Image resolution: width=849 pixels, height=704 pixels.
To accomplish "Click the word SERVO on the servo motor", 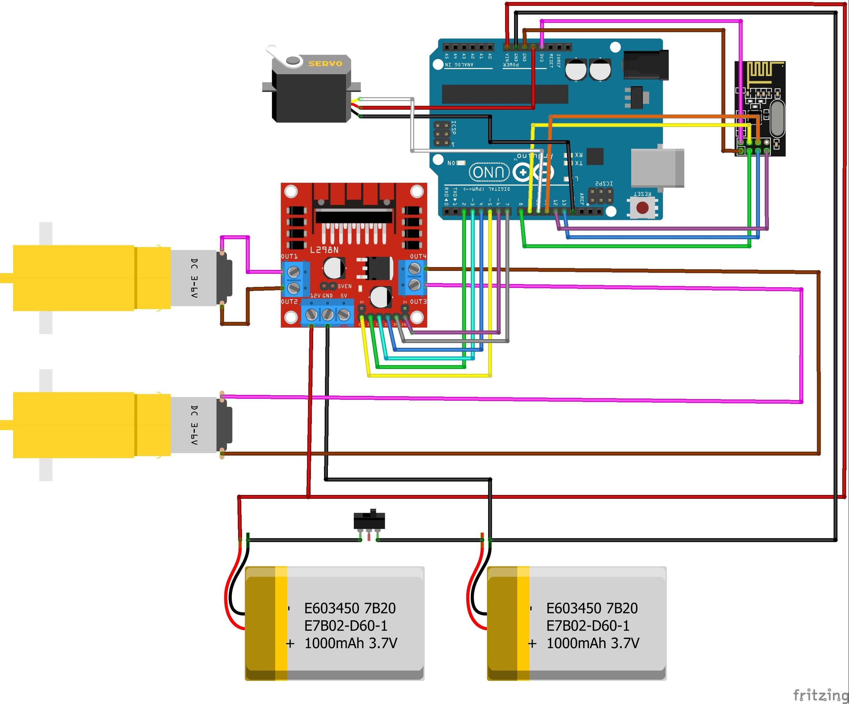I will (x=325, y=63).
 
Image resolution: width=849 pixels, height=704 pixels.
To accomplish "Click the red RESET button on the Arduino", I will (x=642, y=208).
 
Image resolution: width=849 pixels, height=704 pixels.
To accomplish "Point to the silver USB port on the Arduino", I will (x=657, y=168).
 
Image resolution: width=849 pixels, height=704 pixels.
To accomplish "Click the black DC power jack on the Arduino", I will (x=646, y=65).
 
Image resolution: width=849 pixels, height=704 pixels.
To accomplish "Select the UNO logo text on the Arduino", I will (x=489, y=172).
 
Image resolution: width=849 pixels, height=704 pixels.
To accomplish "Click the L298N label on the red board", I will (x=324, y=250).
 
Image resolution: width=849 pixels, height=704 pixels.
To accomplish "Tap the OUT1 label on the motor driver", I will (x=289, y=256).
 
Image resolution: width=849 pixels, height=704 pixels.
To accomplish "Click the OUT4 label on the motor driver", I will (x=418, y=256).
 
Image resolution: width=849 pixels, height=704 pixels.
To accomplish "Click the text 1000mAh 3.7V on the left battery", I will (x=351, y=643).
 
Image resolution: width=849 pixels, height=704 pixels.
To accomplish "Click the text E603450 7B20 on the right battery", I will (x=592, y=608).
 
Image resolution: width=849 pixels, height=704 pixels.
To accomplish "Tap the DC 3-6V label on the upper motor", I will (x=195, y=278).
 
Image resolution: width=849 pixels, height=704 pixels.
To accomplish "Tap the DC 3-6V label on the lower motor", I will (x=195, y=425).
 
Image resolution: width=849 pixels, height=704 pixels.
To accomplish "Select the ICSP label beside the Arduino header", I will (x=454, y=127).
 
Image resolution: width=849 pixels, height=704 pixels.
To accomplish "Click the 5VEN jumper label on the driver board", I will (x=345, y=286).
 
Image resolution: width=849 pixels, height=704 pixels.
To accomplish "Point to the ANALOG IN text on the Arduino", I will (x=459, y=65).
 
